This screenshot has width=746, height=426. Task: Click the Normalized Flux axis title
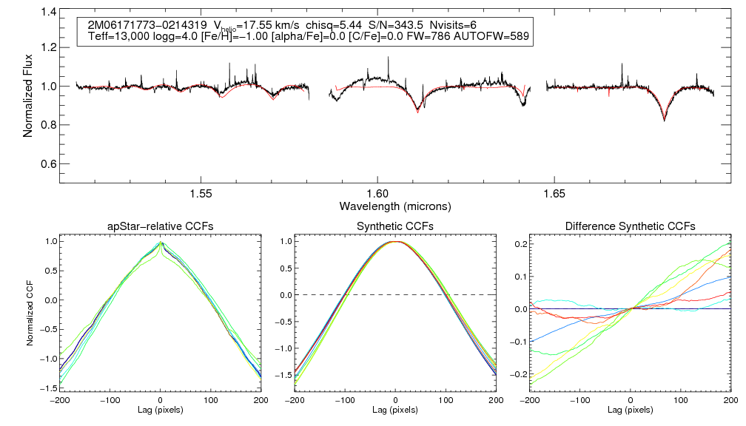(29, 87)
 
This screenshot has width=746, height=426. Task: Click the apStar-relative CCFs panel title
(161, 226)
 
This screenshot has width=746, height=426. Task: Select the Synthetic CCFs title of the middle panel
(395, 226)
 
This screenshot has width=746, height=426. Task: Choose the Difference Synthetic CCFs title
(630, 226)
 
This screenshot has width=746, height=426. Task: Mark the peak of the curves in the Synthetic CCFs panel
(395, 242)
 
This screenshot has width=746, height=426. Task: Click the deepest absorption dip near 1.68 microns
(664, 121)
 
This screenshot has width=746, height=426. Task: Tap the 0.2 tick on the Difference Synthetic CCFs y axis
(520, 244)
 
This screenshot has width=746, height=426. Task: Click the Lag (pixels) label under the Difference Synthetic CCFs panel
(630, 409)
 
